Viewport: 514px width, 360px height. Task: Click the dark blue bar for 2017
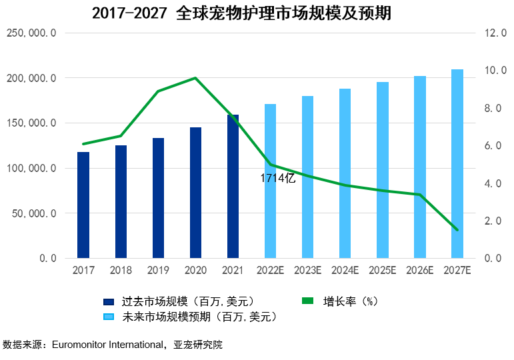click(x=83, y=205)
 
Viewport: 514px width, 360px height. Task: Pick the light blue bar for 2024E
click(x=345, y=173)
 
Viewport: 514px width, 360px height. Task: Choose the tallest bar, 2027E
click(x=457, y=164)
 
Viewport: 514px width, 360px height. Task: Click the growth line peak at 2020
click(x=195, y=78)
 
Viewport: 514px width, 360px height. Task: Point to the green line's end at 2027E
click(x=457, y=230)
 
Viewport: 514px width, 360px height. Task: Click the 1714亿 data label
click(x=277, y=178)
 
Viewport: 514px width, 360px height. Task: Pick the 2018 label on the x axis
click(x=121, y=270)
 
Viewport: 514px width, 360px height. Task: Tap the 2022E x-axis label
click(x=270, y=270)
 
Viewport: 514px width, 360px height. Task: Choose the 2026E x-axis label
click(x=420, y=270)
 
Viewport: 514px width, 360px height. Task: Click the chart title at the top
click(x=241, y=13)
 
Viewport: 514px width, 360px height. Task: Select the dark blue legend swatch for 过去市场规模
click(x=110, y=301)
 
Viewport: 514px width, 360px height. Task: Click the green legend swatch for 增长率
click(x=307, y=301)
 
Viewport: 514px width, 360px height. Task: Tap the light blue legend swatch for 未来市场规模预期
click(x=110, y=317)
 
